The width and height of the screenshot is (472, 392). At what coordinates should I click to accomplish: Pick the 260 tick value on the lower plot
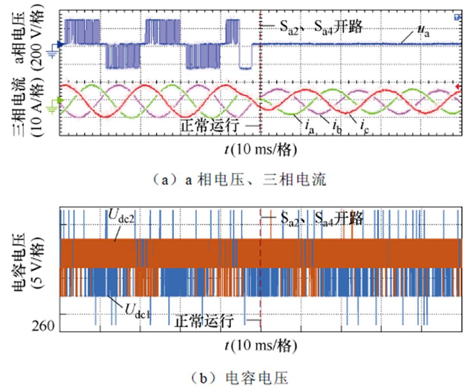click(x=43, y=325)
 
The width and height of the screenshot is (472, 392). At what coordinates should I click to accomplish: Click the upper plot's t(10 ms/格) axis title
click(x=260, y=149)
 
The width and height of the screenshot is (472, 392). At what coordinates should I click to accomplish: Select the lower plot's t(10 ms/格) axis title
click(x=260, y=345)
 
